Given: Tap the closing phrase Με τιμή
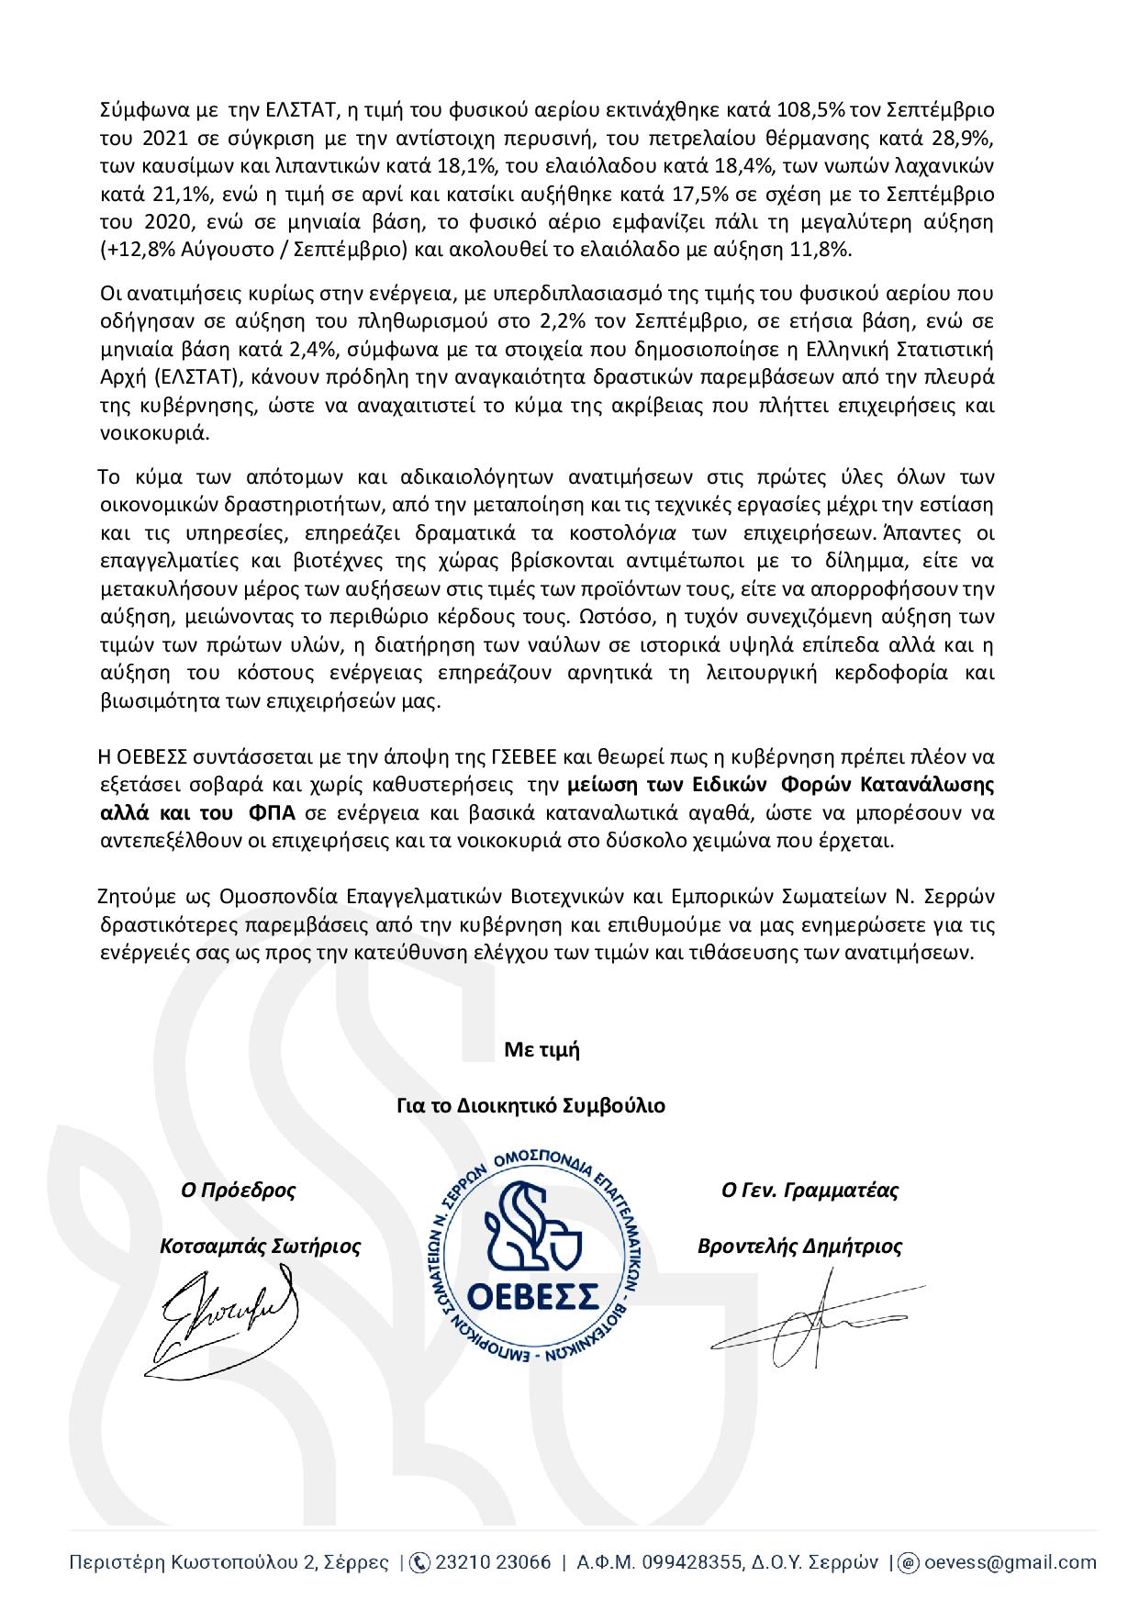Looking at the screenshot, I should pos(542,1050).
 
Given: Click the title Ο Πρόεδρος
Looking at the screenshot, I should pos(238,1191).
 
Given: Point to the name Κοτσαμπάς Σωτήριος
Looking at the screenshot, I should pos(260,1247).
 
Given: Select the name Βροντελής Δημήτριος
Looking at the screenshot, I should pos(799,1247).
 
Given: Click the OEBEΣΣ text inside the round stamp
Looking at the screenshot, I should pos(533,1296).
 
